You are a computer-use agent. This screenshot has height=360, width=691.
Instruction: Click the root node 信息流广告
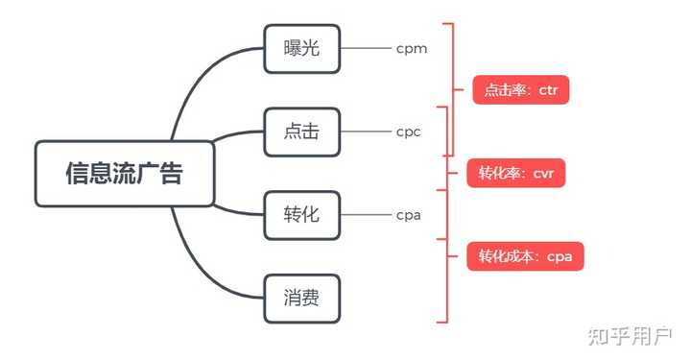tap(125, 174)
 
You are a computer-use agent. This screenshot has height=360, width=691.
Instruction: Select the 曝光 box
tap(302, 48)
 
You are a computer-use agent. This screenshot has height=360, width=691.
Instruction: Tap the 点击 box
tap(302, 132)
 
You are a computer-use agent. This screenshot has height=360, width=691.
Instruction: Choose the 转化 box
tap(302, 215)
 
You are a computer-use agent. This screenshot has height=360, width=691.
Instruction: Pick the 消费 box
tap(302, 299)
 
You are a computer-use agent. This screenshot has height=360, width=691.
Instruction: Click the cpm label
tap(411, 48)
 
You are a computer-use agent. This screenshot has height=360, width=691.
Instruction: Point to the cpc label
tap(409, 132)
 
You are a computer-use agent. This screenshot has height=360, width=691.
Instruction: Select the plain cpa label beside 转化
tap(409, 215)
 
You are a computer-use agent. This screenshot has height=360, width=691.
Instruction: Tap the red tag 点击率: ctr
tap(521, 91)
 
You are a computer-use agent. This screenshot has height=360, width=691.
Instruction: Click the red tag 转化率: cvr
tap(516, 174)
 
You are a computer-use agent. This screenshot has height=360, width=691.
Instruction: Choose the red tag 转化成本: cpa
tap(526, 256)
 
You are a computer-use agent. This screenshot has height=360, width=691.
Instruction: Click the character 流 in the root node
tap(125, 174)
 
